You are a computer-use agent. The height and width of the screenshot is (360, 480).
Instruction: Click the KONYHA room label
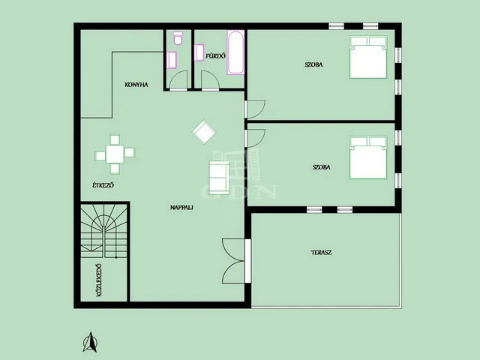coord(136,85)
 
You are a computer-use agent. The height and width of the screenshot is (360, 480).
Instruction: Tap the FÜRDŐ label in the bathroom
coord(215,56)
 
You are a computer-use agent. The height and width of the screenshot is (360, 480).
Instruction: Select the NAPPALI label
coord(181,207)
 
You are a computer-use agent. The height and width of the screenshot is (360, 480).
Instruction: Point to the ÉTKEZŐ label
coord(103,185)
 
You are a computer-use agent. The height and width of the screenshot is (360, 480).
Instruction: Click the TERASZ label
coord(322,253)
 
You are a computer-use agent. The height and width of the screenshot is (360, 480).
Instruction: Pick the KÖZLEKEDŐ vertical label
coord(99,280)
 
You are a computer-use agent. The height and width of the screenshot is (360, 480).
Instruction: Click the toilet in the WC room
coord(178,38)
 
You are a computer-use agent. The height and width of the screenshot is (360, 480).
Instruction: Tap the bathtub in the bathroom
coord(235,52)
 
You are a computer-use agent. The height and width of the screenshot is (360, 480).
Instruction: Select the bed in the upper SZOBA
coord(368,57)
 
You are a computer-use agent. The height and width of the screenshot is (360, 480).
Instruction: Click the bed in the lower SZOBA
coord(368,157)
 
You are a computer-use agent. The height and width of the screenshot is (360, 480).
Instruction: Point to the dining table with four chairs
coord(115,154)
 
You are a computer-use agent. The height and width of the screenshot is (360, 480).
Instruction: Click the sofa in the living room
coord(219,178)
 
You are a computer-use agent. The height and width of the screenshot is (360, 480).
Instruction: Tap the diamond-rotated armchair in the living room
coord(204,132)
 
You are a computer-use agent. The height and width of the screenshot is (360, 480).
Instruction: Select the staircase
coord(103,231)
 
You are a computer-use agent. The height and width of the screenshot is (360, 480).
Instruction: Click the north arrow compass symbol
coord(90,342)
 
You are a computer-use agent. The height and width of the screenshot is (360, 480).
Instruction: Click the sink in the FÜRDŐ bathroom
coord(199,52)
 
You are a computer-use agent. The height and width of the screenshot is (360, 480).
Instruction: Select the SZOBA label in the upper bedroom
coord(313,64)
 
